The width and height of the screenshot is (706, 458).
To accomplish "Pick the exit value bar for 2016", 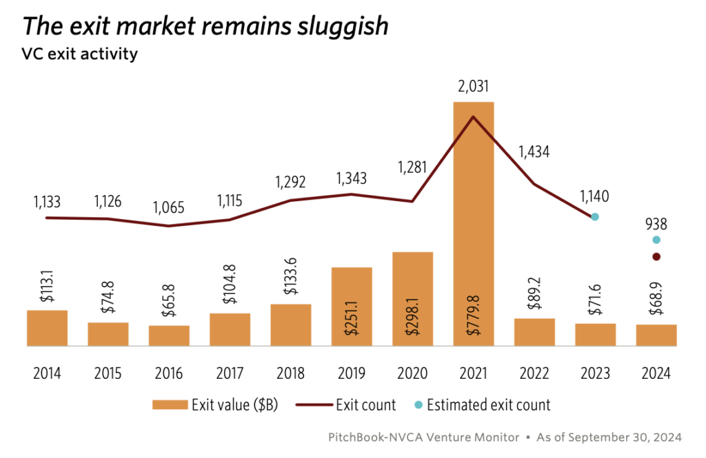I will coord(169,335).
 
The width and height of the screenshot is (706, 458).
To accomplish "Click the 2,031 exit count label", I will coord(473,87).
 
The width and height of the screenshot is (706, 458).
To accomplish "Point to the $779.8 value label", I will coord(474,315).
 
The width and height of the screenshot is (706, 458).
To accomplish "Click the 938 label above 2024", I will coord(656,224).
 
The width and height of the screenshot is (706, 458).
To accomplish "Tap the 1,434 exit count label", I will coord(534,152).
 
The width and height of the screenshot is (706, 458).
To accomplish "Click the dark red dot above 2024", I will coord(656,257).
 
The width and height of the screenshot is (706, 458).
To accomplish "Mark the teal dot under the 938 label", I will coord(656,240).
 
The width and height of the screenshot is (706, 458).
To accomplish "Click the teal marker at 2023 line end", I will coord(595,217).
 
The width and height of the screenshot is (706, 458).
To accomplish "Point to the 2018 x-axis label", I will coord(291,374).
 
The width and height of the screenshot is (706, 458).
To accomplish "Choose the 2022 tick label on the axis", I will coord(534,374).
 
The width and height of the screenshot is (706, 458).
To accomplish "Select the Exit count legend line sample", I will coord(313,405).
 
